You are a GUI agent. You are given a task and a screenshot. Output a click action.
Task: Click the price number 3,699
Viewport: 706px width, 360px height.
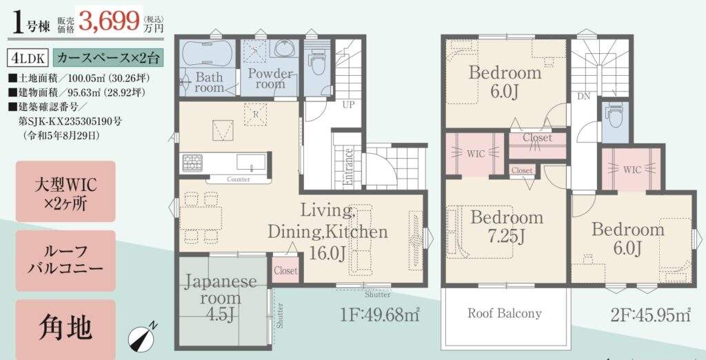109,21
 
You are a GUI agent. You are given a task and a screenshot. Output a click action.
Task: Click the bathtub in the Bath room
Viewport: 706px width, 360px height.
207,54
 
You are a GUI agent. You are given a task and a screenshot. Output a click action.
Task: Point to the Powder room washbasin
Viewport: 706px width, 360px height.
283,48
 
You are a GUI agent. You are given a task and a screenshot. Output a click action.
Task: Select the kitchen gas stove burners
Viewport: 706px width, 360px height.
193,163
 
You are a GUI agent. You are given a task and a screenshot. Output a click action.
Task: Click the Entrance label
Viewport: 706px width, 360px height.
348,167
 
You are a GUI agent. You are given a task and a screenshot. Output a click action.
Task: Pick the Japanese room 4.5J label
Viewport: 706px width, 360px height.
220,297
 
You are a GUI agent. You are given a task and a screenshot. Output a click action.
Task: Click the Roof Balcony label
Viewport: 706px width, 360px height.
504,314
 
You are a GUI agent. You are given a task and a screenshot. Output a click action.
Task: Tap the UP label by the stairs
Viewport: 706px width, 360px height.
348,105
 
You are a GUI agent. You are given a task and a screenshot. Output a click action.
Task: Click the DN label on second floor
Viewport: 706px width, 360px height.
583,97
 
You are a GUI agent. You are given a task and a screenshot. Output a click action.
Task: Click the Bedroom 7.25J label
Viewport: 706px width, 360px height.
507,226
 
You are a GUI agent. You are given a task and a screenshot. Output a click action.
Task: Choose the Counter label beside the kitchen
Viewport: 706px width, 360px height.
239,179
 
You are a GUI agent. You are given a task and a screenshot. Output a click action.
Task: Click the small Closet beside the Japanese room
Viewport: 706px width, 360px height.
285,270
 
